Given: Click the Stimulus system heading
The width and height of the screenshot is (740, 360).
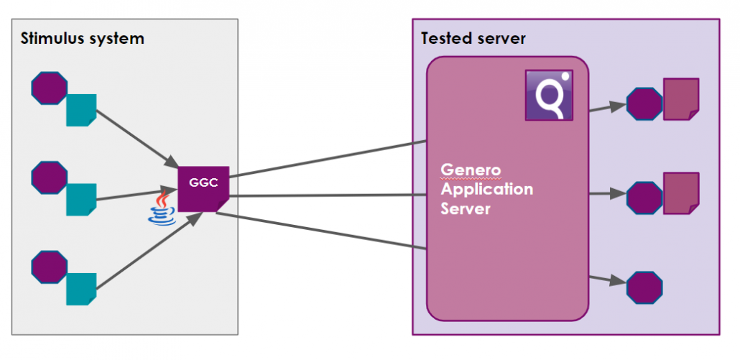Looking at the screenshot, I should pos(82,38).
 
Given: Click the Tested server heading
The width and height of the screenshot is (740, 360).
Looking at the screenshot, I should pos(473,38).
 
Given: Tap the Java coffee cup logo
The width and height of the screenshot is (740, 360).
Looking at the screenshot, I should pos(163,208).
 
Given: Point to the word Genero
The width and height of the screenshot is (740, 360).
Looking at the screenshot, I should pos(471,171).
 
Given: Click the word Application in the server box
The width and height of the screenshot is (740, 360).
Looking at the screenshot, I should pos(486,190).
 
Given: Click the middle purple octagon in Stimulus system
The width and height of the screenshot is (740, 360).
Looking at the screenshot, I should pos(50,177).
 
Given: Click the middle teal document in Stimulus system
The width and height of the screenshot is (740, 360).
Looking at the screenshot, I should pos(81,199).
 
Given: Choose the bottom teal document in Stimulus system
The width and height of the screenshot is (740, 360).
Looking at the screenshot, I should pos(81,289).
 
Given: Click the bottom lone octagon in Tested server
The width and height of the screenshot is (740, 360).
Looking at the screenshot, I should pos(644,287).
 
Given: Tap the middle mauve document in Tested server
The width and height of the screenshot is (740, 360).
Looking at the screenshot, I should pos(680,192).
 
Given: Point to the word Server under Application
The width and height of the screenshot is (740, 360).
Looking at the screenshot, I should pos(466,209).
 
